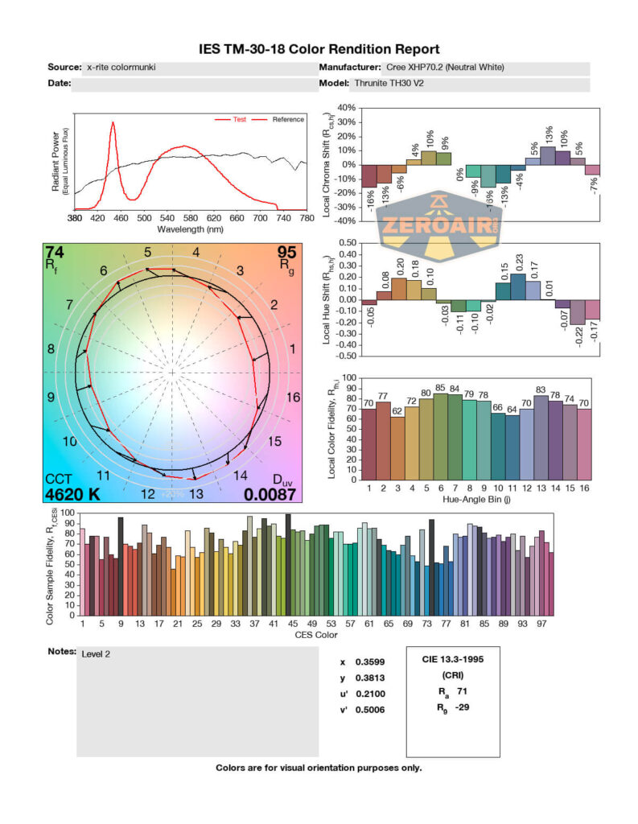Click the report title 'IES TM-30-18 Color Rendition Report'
pyautogui.click(x=319, y=49)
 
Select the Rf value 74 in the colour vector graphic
pyautogui.click(x=55, y=253)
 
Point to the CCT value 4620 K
pyautogui.click(x=72, y=494)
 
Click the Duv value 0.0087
pyautogui.click(x=270, y=494)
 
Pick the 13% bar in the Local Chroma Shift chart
pyautogui.click(x=548, y=155)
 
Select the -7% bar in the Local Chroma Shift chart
pyautogui.click(x=592, y=170)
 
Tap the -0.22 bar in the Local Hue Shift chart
pyautogui.click(x=578, y=312)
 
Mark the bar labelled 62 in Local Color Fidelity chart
pyautogui.click(x=397, y=447)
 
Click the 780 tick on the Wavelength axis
pyautogui.click(x=306, y=218)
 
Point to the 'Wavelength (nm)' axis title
pyautogui.click(x=190, y=229)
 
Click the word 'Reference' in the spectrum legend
pyautogui.click(x=288, y=120)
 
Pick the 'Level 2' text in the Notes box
pyautogui.click(x=96, y=653)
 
